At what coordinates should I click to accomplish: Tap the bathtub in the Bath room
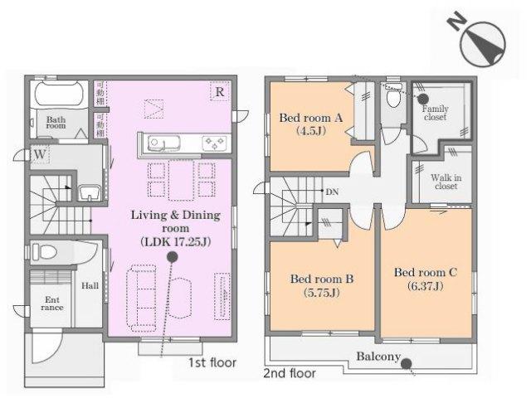[x=56, y=94]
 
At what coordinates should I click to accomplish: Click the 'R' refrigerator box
[x=219, y=92]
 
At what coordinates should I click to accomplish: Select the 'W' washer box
[x=39, y=154]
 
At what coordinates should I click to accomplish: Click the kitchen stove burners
[x=214, y=144]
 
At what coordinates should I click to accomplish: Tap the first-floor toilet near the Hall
[x=46, y=251]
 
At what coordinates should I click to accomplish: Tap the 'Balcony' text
[x=378, y=357]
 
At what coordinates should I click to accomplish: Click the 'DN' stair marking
[x=330, y=192]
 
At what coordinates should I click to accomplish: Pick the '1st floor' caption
[x=211, y=362]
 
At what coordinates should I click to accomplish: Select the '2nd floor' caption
[x=290, y=374]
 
